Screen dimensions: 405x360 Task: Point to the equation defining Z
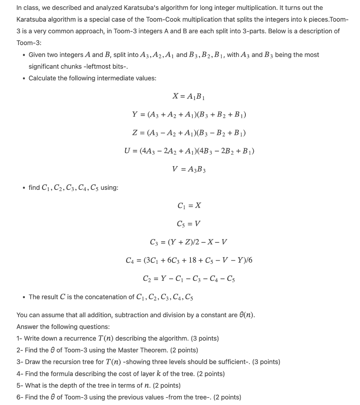[x=189, y=133]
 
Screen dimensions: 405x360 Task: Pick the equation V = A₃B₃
[x=189, y=169]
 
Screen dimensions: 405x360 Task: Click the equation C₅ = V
[x=189, y=224]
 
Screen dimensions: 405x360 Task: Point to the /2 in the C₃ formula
[x=192, y=242]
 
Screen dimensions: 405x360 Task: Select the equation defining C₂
[x=189, y=278]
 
